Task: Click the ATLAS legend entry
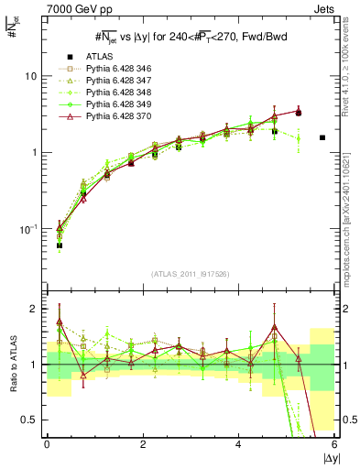click(x=101, y=57)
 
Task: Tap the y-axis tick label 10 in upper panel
click(x=31, y=76)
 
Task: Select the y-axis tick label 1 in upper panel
click(x=35, y=152)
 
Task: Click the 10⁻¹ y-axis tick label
click(x=29, y=228)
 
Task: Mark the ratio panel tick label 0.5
click(x=29, y=420)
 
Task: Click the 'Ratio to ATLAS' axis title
click(x=11, y=365)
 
